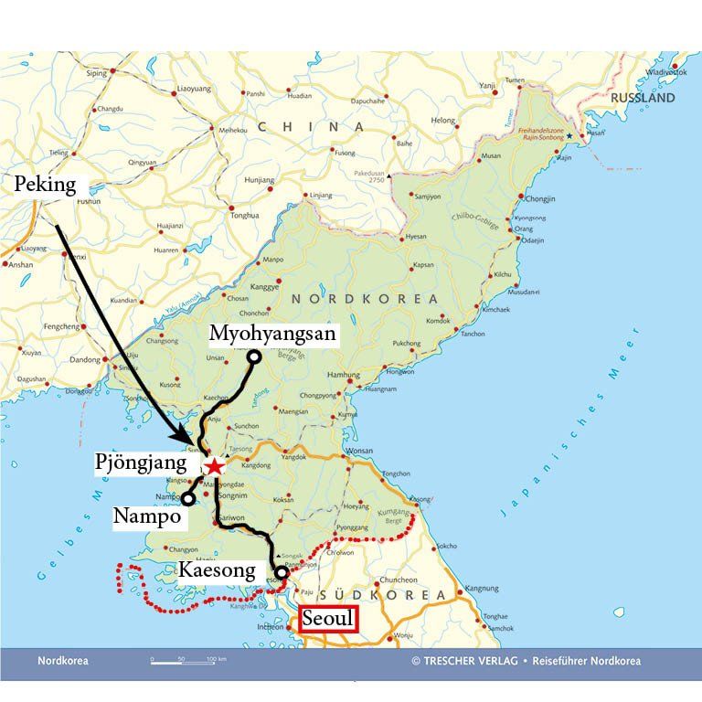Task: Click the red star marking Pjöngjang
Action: coord(213,467)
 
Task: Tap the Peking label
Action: coord(45,186)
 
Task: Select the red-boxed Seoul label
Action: coord(326,619)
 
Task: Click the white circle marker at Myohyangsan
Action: coord(253,356)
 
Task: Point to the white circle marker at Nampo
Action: coord(186,499)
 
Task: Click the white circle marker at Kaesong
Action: coord(282,573)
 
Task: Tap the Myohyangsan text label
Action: coord(273,334)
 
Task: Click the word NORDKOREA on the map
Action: coord(364,300)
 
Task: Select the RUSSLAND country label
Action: coord(643,98)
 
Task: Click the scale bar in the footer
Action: coord(188,660)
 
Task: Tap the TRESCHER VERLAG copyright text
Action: coord(484,661)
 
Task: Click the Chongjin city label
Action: coord(541,198)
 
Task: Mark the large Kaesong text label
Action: coord(216,571)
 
